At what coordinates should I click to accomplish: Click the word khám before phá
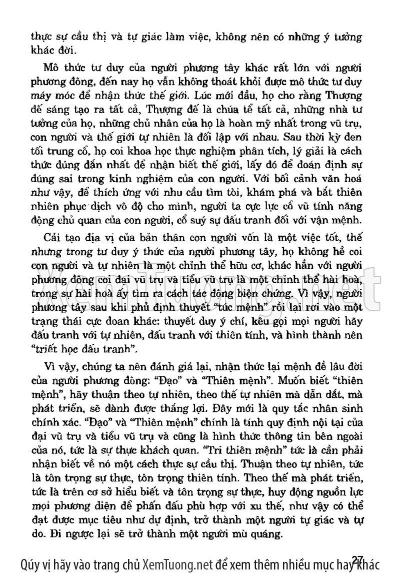[271, 193]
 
